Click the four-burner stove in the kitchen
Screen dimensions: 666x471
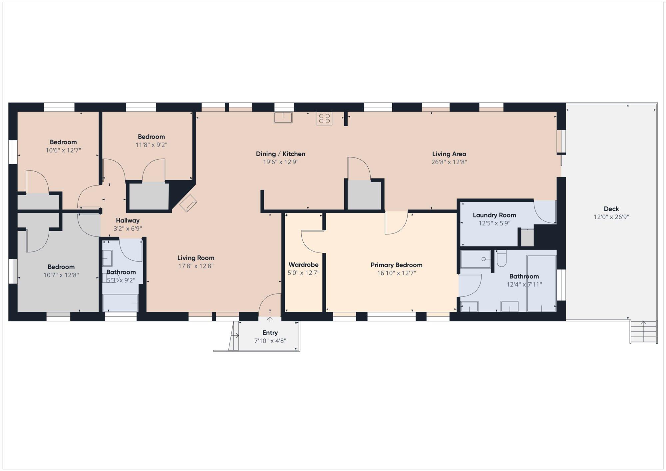coord(324,119)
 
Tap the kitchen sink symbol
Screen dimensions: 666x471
coord(283,118)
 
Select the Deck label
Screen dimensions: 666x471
coord(611,209)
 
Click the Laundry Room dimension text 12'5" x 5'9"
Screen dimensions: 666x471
coord(495,223)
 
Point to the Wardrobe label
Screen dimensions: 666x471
coord(303,265)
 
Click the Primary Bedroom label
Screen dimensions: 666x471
coord(397,265)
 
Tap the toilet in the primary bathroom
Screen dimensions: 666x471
coord(501,258)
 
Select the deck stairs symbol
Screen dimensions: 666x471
coord(644,331)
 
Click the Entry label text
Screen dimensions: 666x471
coord(270,333)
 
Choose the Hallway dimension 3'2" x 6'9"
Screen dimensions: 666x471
coord(128,229)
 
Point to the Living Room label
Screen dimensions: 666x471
coord(196,258)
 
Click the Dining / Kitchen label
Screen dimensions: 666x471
coord(280,154)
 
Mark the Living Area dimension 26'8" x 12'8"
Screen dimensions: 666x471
coord(449,162)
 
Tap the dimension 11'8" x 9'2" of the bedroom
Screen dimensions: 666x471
coord(152,145)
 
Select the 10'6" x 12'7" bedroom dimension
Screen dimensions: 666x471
coord(63,150)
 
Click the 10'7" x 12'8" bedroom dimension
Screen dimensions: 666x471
coord(61,275)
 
